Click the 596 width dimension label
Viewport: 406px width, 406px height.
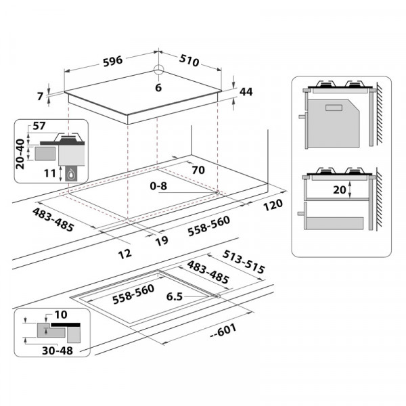112,62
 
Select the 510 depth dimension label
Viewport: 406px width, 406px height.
189,60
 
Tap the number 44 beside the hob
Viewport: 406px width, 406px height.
246,91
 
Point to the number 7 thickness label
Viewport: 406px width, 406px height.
40,96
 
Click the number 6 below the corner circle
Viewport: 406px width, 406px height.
158,88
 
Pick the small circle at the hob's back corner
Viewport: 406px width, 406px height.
158,70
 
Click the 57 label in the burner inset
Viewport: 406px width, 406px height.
39,126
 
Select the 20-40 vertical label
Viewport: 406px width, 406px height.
20,154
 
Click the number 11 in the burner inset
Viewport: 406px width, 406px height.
50,173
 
